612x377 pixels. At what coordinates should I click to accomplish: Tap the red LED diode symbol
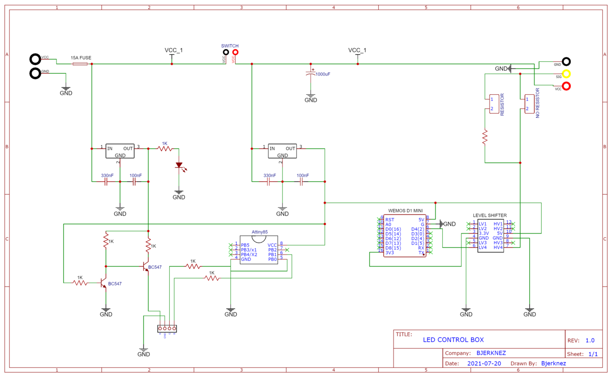point(179,166)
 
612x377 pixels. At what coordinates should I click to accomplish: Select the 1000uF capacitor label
point(323,75)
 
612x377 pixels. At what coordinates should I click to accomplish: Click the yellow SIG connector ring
point(567,74)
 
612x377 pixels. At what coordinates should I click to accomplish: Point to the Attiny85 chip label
point(260,232)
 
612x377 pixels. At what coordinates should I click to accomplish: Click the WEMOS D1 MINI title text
point(405,211)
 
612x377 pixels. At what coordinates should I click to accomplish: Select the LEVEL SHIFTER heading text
point(490,215)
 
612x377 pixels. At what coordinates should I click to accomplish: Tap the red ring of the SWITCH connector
point(235,52)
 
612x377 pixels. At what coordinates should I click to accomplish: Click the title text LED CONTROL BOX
point(453,340)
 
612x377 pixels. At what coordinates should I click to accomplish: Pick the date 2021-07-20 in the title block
point(484,364)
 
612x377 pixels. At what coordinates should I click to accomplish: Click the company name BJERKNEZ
point(491,353)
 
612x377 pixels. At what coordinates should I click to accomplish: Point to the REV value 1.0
point(590,341)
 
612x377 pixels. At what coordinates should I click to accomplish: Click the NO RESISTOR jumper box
point(529,104)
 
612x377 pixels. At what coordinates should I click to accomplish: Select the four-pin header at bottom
point(167,329)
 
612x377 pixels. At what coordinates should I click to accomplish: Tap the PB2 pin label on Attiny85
point(273,249)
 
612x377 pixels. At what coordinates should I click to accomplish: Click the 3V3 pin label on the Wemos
point(389,252)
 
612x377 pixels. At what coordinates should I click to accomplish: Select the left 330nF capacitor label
point(107,176)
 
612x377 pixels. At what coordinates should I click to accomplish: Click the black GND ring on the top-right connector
point(567,61)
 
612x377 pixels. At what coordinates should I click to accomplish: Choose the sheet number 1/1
point(593,354)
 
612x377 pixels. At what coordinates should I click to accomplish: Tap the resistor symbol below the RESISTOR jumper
point(485,137)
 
